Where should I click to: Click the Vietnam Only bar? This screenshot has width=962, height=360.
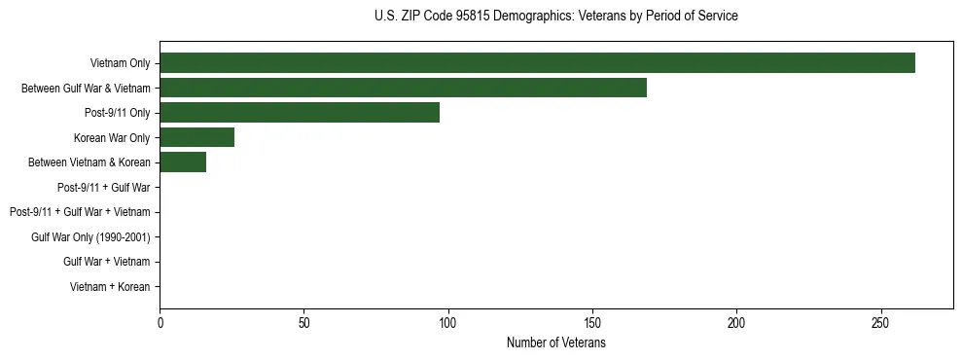[x=537, y=63]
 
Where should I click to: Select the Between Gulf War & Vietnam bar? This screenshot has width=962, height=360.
[x=403, y=88]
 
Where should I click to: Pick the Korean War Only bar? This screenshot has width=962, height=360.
[x=196, y=137]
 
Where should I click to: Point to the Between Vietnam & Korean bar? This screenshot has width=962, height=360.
[x=183, y=162]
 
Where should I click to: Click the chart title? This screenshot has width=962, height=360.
[x=555, y=16]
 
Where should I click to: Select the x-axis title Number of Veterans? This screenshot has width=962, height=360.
[x=555, y=342]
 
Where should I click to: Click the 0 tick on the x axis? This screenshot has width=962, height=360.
[x=160, y=322]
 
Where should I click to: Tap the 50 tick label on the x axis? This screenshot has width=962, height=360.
[x=303, y=322]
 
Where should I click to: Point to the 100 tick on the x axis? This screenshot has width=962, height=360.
[x=447, y=322]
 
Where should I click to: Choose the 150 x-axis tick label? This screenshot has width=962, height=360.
[x=592, y=322]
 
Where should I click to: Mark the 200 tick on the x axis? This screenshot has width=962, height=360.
[x=736, y=322]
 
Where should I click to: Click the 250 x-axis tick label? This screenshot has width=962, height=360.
[x=880, y=322]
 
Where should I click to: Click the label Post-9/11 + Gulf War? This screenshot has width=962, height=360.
[x=104, y=188]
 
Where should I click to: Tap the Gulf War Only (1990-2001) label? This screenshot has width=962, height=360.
[x=90, y=237]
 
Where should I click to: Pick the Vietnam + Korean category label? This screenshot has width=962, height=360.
[x=110, y=287]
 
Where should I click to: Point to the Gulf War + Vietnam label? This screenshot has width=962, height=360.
[x=107, y=262]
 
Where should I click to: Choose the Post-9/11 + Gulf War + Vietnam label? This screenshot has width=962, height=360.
[x=80, y=212]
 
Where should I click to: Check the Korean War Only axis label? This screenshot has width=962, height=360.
[x=112, y=138]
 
